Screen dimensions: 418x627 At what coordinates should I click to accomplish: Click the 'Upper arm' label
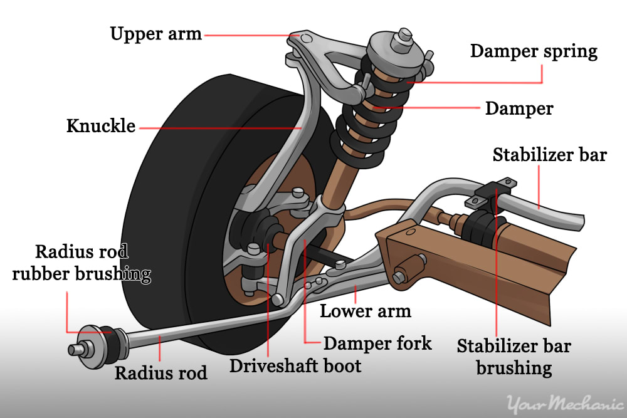[156, 33]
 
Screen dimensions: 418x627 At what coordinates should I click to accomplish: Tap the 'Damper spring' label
[534, 51]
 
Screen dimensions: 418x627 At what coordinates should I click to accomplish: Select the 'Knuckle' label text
[101, 125]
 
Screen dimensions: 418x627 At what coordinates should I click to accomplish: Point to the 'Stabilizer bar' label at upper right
[549, 154]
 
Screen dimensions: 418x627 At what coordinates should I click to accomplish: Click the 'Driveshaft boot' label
[295, 365]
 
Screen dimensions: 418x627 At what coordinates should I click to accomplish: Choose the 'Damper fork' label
[377, 343]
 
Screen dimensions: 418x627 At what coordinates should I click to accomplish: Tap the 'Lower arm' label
[366, 311]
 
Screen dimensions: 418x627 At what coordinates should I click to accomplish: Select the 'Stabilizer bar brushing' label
[514, 357]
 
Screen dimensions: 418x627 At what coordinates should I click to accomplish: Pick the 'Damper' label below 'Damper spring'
[519, 108]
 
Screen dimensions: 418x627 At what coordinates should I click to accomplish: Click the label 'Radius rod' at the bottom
[161, 373]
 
